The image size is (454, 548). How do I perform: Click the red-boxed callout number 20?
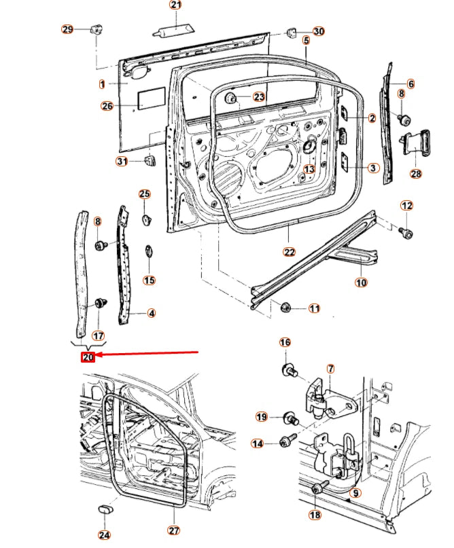click(x=88, y=357)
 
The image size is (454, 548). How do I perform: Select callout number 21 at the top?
click(x=176, y=5)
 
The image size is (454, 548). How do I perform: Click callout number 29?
click(x=67, y=29)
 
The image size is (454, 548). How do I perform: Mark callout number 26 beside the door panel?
click(x=107, y=105)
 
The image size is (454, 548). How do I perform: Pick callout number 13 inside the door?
click(x=309, y=169)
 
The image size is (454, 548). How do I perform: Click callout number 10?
click(x=361, y=282)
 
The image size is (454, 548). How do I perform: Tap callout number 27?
click(x=173, y=530)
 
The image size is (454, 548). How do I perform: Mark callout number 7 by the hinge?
click(x=330, y=369)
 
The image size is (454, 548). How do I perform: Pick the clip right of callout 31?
click(x=149, y=161)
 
